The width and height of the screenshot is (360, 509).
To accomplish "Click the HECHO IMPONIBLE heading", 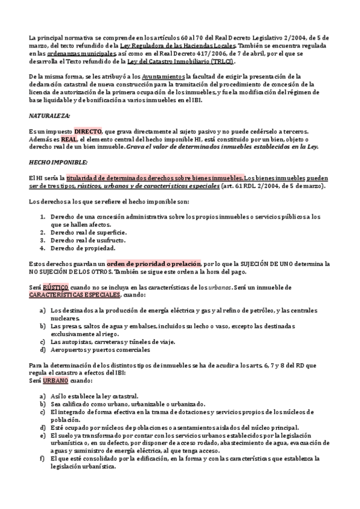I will [59, 162].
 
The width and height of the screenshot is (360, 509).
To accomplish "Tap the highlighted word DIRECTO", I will [88, 131].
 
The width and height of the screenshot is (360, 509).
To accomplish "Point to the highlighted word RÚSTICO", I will [51, 288].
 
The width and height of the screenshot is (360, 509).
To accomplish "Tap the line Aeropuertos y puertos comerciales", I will [100, 350].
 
